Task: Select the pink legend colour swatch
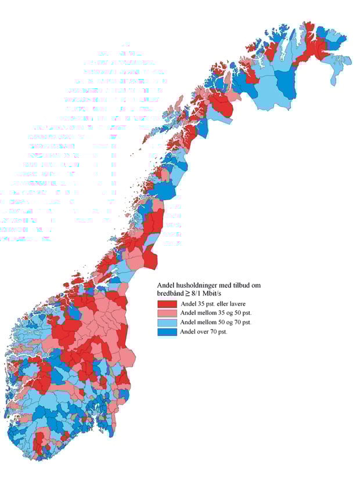[x=167, y=313]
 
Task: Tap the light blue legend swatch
[x=167, y=323]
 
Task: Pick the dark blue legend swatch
[x=167, y=332]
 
